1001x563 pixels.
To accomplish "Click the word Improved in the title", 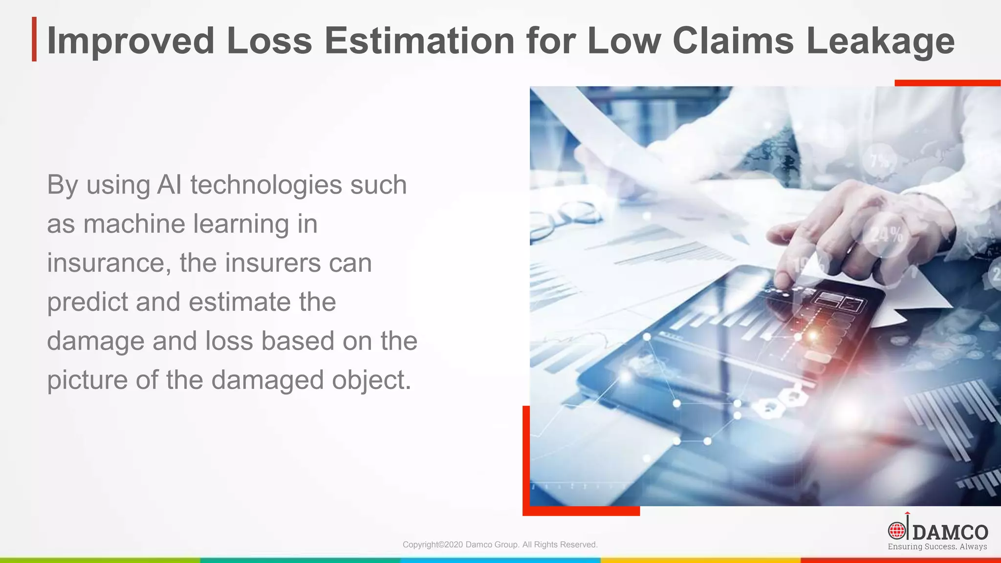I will [x=130, y=41].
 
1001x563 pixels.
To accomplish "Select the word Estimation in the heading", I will [x=419, y=40].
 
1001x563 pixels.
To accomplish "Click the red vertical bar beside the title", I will [x=34, y=39].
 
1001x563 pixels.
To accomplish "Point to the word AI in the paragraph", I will [x=170, y=185].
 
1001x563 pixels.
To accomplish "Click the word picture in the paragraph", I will [x=87, y=380].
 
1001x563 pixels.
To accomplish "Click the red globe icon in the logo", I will [x=896, y=531].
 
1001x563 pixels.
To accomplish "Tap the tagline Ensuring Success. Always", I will [x=937, y=547].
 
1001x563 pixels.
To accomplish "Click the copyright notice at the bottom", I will [x=500, y=544].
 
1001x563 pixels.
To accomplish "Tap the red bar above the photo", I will [x=947, y=83].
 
